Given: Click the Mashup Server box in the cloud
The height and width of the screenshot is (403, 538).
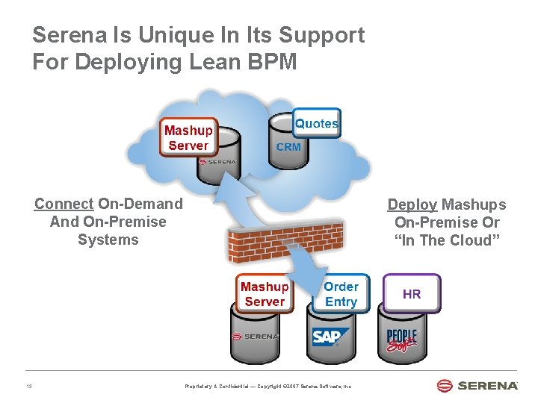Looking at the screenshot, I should click(188, 138).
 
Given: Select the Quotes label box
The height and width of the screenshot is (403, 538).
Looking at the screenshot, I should click(316, 123).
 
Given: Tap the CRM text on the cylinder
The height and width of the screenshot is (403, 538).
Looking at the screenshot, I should click(288, 147).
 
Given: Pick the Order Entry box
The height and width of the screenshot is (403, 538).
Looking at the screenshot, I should click(341, 294).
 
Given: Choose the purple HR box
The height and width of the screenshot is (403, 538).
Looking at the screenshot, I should click(412, 294).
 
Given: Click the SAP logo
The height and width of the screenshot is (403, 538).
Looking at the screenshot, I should click(327, 337).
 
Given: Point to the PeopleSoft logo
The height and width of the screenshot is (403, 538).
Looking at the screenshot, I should click(402, 340).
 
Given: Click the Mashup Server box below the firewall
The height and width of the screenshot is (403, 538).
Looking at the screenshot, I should click(265, 294).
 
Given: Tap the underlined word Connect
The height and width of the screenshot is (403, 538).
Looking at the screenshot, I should click(64, 204).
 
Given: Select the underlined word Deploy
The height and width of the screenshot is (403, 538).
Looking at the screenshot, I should click(412, 204).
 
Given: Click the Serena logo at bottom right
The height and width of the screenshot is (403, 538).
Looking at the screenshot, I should click(477, 385).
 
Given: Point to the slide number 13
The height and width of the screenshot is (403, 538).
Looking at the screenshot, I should click(28, 386).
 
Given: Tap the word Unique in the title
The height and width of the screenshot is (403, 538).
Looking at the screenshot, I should click(157, 36).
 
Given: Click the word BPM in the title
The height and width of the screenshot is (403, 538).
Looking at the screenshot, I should click(272, 61).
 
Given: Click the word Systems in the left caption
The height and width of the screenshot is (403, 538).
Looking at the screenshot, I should click(108, 240).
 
